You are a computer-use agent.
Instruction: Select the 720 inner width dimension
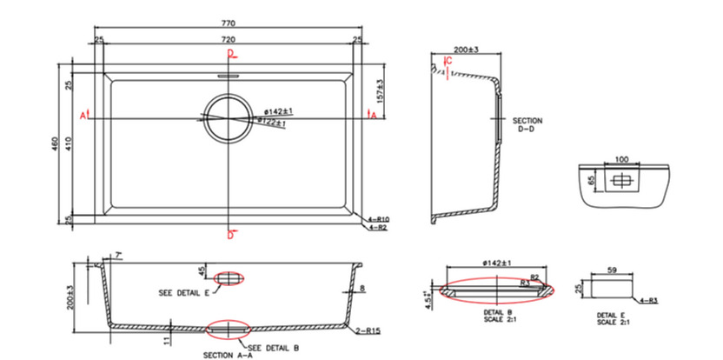point(229,41)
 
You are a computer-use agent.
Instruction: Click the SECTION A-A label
point(227,354)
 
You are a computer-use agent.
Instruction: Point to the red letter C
point(448,60)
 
